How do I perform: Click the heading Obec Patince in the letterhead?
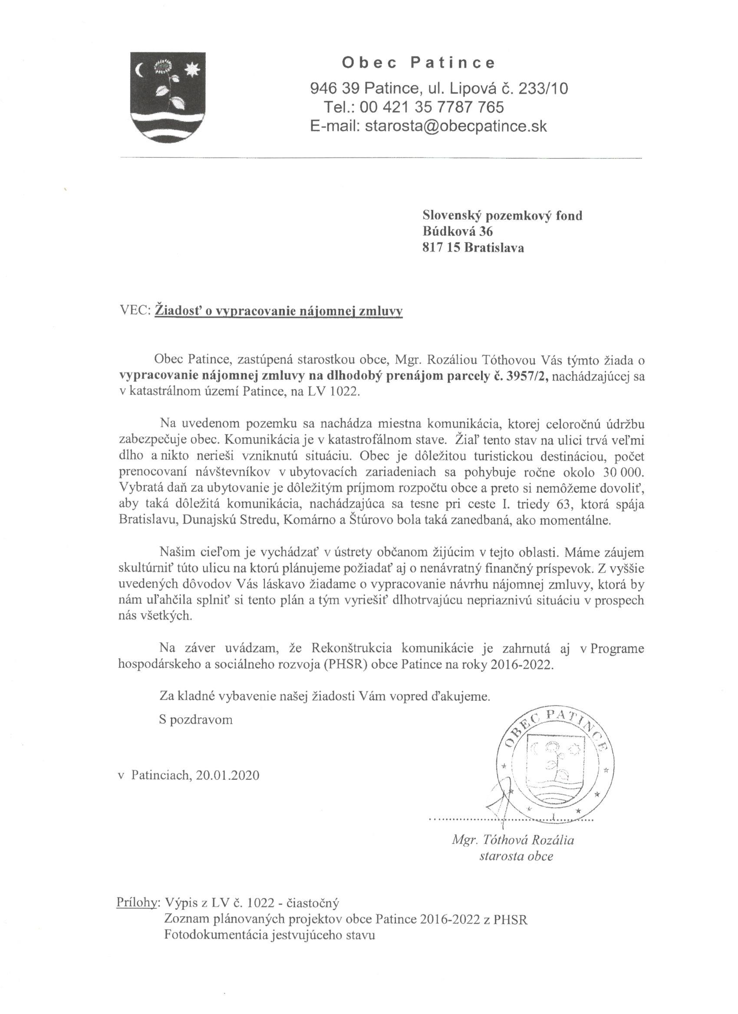[418, 63]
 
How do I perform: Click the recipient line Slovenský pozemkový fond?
[502, 216]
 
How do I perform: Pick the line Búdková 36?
[458, 232]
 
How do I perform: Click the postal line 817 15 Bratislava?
[473, 248]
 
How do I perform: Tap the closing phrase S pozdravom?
[196, 720]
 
